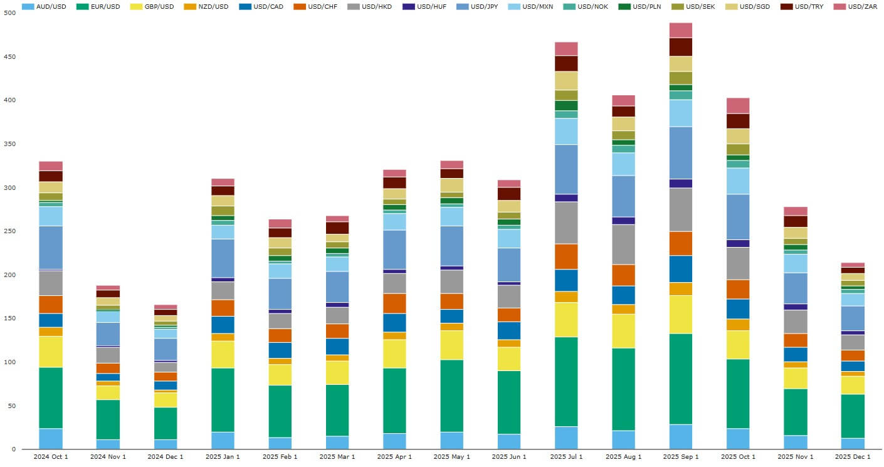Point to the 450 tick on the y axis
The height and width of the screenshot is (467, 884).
(x=9, y=57)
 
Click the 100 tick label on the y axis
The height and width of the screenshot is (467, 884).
(x=9, y=362)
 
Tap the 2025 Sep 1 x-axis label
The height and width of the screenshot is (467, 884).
(x=681, y=456)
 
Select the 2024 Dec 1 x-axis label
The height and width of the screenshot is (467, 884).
(x=166, y=456)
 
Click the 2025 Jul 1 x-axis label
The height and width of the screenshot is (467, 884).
(x=566, y=456)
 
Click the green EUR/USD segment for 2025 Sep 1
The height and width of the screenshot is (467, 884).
(x=681, y=379)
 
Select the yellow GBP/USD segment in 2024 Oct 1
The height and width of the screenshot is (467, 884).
(x=51, y=352)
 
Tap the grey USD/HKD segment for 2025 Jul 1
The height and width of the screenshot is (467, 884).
(x=566, y=223)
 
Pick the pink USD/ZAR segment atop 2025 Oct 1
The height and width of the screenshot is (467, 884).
(x=738, y=105)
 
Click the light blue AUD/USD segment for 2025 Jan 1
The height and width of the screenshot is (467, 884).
(x=223, y=440)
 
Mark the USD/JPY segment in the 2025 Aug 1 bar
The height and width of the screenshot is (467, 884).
(x=624, y=196)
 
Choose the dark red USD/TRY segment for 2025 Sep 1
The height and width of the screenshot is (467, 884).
(x=681, y=47)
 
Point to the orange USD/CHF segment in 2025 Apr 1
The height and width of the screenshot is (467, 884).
(x=394, y=303)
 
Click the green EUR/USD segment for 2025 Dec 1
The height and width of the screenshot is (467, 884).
(x=853, y=416)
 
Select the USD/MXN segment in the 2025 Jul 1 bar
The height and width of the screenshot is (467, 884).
(x=566, y=132)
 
